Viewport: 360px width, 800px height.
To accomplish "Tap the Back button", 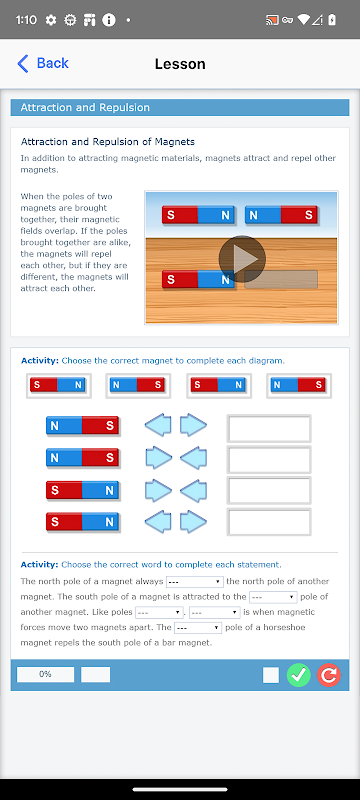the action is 43,63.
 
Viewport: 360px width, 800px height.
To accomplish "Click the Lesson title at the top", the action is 180,64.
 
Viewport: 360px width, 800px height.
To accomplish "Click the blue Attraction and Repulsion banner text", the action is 85,108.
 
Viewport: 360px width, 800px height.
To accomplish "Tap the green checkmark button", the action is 299,675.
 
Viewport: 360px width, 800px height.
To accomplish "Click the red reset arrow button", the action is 329,675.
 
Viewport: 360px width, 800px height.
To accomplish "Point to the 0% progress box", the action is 45,674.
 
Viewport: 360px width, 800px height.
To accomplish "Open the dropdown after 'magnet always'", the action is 195,582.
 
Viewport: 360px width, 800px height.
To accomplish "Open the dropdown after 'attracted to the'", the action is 273,597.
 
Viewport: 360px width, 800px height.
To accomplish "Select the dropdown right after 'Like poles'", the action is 159,612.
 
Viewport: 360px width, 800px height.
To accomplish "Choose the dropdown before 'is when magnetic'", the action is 215,612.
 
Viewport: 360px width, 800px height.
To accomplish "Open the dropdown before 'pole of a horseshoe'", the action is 198,628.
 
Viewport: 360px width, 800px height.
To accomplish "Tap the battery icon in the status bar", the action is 333,20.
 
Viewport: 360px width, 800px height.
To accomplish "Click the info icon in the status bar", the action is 109,20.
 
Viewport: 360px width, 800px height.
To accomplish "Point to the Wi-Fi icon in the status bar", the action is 304,20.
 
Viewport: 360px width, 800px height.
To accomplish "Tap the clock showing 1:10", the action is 26,20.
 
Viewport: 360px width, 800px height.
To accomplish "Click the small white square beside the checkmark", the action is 271,675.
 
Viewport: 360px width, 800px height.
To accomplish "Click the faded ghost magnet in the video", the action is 281,280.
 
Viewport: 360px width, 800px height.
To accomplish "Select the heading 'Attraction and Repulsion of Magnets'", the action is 108,142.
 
